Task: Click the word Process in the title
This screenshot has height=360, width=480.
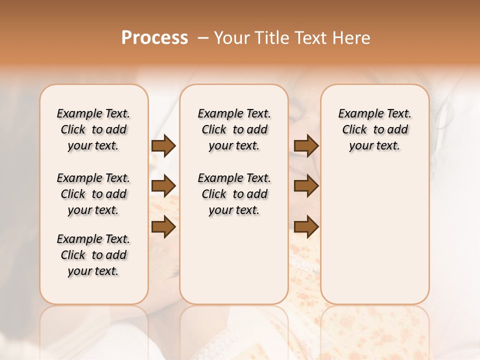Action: [x=154, y=38]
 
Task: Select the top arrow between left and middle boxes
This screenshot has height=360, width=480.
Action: [x=163, y=146]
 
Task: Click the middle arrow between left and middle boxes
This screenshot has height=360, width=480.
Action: [x=163, y=186]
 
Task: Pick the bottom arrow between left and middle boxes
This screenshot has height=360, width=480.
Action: [x=163, y=226]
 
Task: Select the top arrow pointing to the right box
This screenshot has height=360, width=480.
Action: [x=306, y=146]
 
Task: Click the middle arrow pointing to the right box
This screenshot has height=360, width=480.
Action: [x=306, y=186]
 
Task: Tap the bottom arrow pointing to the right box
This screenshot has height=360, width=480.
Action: [x=306, y=226]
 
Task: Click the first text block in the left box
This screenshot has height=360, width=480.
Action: [x=93, y=129]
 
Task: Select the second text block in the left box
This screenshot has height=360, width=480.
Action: [x=93, y=194]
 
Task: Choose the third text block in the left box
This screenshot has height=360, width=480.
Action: [x=93, y=255]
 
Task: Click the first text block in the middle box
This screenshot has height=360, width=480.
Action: [x=234, y=129]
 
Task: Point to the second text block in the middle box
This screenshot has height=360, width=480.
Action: [x=234, y=194]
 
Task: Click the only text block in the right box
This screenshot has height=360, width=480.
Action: [x=374, y=129]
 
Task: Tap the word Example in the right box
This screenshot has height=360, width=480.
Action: [x=357, y=113]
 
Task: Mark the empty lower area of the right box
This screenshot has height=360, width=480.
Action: [x=374, y=235]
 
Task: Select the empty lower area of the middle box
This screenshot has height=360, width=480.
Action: [x=234, y=260]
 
